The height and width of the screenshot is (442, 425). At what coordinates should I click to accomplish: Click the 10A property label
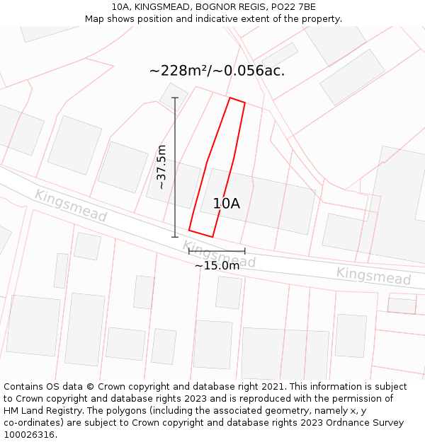227,204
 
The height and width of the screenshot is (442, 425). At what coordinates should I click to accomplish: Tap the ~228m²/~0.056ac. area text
217,71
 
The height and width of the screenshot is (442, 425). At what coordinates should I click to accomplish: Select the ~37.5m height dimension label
161,167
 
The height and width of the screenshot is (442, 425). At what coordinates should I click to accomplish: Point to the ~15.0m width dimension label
217,266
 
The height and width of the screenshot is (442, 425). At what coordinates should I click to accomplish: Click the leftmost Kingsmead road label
70,206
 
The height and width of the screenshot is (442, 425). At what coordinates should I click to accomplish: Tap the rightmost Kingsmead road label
373,276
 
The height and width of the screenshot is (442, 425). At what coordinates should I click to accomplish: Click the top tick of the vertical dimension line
175,98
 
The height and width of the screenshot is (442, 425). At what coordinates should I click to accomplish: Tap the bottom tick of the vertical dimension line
175,237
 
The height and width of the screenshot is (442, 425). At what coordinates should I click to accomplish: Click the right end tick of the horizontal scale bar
244,251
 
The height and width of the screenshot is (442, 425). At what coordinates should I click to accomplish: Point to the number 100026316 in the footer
29,435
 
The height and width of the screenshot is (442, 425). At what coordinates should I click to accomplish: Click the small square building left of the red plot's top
174,95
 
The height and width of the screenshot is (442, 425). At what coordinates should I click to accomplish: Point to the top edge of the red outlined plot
237,101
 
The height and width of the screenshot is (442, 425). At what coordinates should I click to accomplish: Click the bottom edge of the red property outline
200,233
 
